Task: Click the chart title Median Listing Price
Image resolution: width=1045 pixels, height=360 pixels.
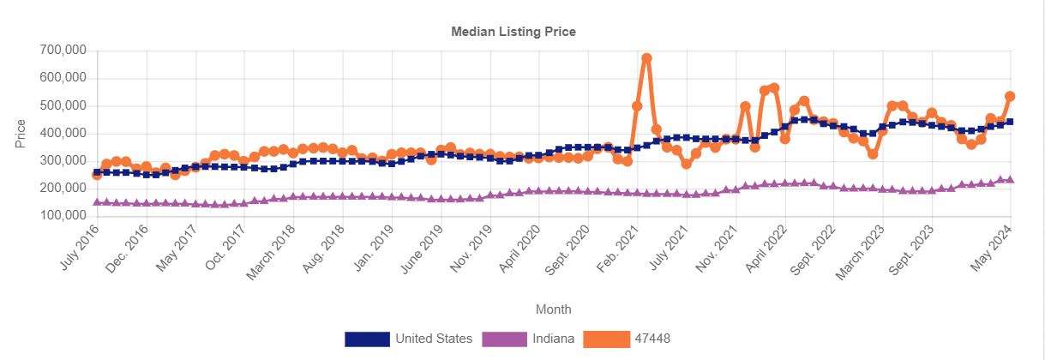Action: (x=513, y=32)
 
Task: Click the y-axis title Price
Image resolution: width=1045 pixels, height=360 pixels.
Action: (x=21, y=134)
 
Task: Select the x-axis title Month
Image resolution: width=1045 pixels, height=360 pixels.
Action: (x=553, y=309)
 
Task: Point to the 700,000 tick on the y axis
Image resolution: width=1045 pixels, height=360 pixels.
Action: (x=63, y=51)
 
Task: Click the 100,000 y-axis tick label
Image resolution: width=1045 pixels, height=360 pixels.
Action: (x=63, y=216)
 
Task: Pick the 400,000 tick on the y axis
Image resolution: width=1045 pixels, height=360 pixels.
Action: (x=63, y=134)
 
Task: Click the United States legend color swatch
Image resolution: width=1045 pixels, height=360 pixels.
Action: (x=367, y=339)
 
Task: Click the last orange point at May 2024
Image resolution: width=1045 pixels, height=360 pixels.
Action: (x=1010, y=97)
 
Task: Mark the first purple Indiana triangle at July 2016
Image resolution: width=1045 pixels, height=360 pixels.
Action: (x=97, y=202)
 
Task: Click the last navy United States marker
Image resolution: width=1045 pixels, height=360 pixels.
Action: (x=1010, y=122)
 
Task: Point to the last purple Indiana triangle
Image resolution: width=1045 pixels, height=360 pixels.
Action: (x=1010, y=180)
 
